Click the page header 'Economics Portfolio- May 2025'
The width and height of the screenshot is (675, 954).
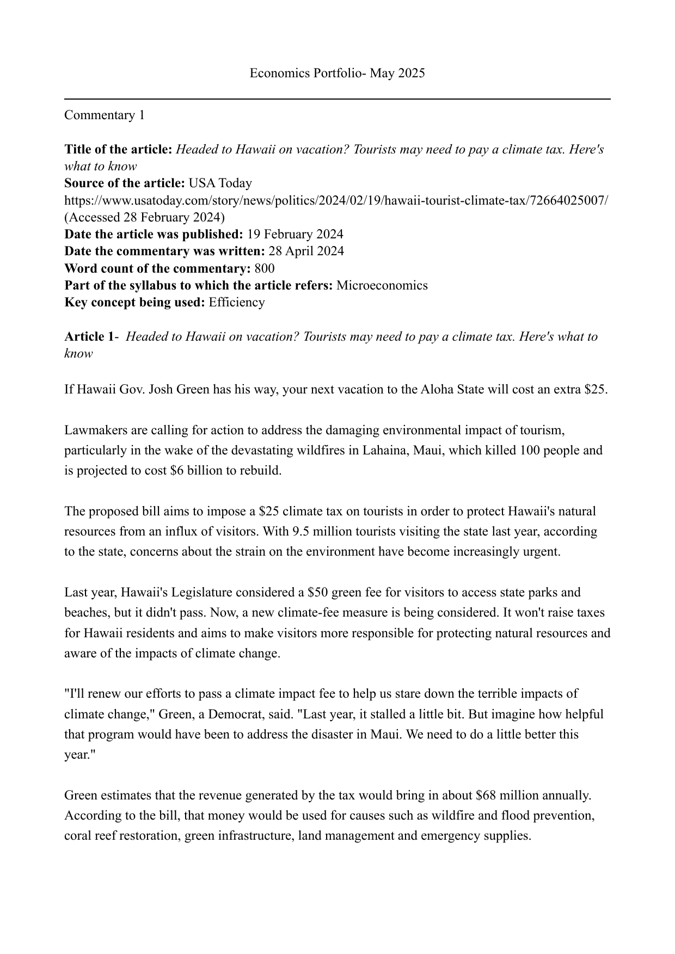coord(337,73)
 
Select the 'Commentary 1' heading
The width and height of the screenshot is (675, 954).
coord(105,115)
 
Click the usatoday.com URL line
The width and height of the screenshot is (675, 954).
coord(336,200)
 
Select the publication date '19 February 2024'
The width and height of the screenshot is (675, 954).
coord(295,235)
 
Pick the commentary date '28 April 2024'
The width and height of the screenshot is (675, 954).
coord(306,251)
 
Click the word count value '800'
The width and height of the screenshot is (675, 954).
coord(265,268)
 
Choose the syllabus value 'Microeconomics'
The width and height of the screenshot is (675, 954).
coord(382,285)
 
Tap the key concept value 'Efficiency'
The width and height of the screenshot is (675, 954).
coord(237,302)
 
